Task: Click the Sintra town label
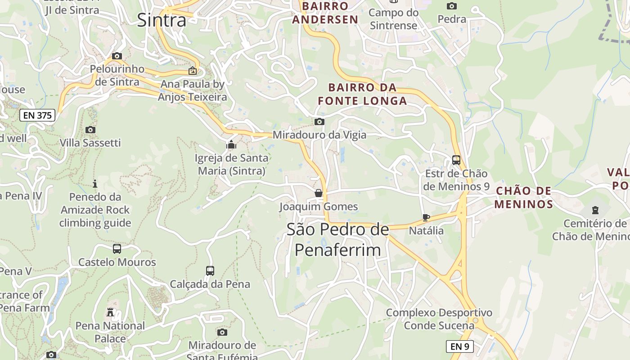pos(162,20)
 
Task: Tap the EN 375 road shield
pos(38,115)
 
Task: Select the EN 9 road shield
pos(459,346)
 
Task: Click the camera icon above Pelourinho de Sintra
pos(117,56)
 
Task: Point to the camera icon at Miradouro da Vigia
pos(319,121)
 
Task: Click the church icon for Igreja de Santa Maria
pos(231,145)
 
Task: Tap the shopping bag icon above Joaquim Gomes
pos(319,193)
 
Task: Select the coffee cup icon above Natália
pos(426,218)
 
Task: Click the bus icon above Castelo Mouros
pos(117,248)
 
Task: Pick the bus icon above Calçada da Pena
pos(210,271)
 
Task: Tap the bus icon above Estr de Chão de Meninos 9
pos(456,160)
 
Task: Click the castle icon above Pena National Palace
pos(110,312)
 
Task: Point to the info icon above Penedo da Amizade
pos(95,184)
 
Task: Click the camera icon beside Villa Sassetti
pos(90,130)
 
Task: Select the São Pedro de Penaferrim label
pos(337,239)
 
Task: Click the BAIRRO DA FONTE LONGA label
pos(362,94)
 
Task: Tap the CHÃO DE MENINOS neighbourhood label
pos(523,198)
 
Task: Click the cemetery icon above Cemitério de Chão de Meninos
pos(595,210)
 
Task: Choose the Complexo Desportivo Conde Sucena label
pos(439,319)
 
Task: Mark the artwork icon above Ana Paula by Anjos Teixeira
pos(193,71)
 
